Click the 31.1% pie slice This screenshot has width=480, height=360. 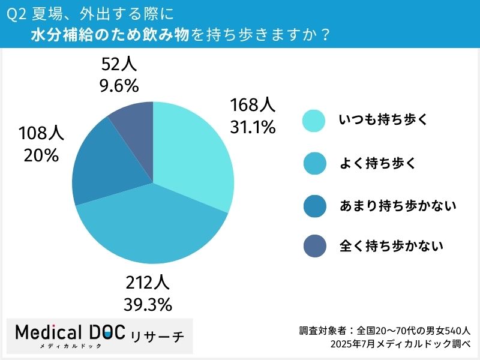pos(192,156)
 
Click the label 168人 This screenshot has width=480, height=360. pos(252,106)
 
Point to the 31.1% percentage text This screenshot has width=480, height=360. pos(252,127)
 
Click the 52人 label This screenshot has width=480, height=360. pos(119,64)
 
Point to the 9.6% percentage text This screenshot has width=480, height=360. pos(119,85)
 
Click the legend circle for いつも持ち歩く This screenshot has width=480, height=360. pos(314,120)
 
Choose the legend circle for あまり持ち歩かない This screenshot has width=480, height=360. pos(314,206)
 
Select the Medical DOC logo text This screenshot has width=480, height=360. pos(69,334)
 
